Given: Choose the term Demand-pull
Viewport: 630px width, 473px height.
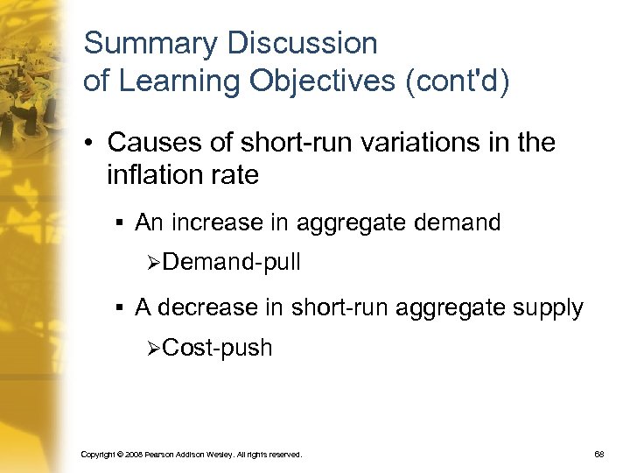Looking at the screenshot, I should (x=231, y=261).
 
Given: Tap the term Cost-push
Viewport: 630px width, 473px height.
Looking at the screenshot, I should (x=217, y=348).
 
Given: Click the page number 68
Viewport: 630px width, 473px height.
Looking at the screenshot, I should (x=601, y=455).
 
